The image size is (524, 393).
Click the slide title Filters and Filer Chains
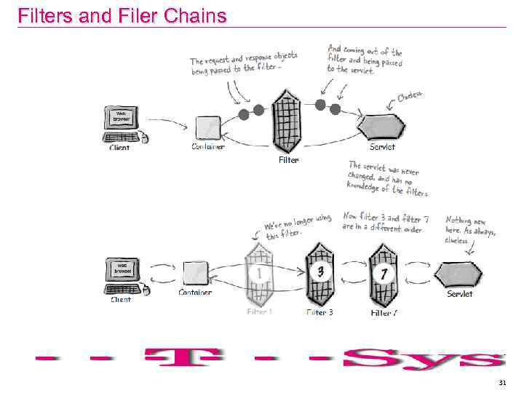coord(122,15)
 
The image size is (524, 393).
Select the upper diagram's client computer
coord(122,124)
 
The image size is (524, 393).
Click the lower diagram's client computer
coord(122,275)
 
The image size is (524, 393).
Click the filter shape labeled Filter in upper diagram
coord(285,119)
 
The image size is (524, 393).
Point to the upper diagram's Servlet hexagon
coord(382,126)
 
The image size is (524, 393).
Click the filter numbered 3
coord(319,273)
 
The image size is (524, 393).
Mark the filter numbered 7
coord(382,274)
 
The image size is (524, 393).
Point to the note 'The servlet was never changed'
coord(388,178)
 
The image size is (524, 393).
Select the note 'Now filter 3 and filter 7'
coord(385,222)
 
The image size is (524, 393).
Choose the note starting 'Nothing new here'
coord(469,229)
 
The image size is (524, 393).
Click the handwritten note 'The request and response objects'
coord(243,63)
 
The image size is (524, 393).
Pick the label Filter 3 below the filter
coord(319,312)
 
